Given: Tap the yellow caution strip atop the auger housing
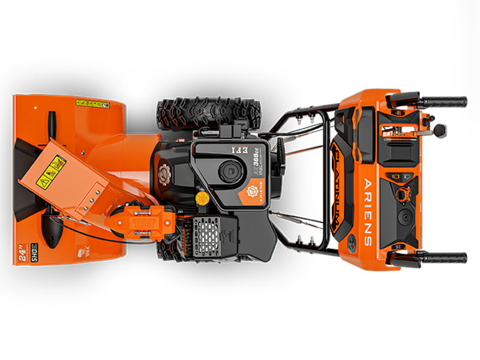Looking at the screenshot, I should (93, 104).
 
